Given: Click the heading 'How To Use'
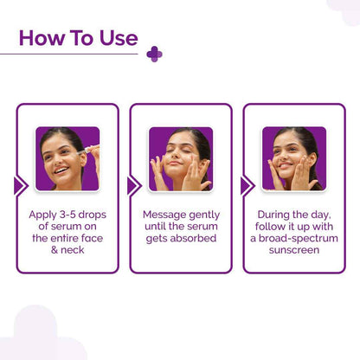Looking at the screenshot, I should (78, 38).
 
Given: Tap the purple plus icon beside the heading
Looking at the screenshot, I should (154, 54).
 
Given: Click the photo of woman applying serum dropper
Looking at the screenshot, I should (67, 158).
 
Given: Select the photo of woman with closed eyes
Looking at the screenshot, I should (180, 158).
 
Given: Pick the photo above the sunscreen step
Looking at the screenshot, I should (294, 158).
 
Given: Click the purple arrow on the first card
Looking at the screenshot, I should (20, 185).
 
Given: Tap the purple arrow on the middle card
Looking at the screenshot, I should (133, 185).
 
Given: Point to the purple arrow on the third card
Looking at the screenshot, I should (247, 185).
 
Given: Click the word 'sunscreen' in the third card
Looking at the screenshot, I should (293, 251).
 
